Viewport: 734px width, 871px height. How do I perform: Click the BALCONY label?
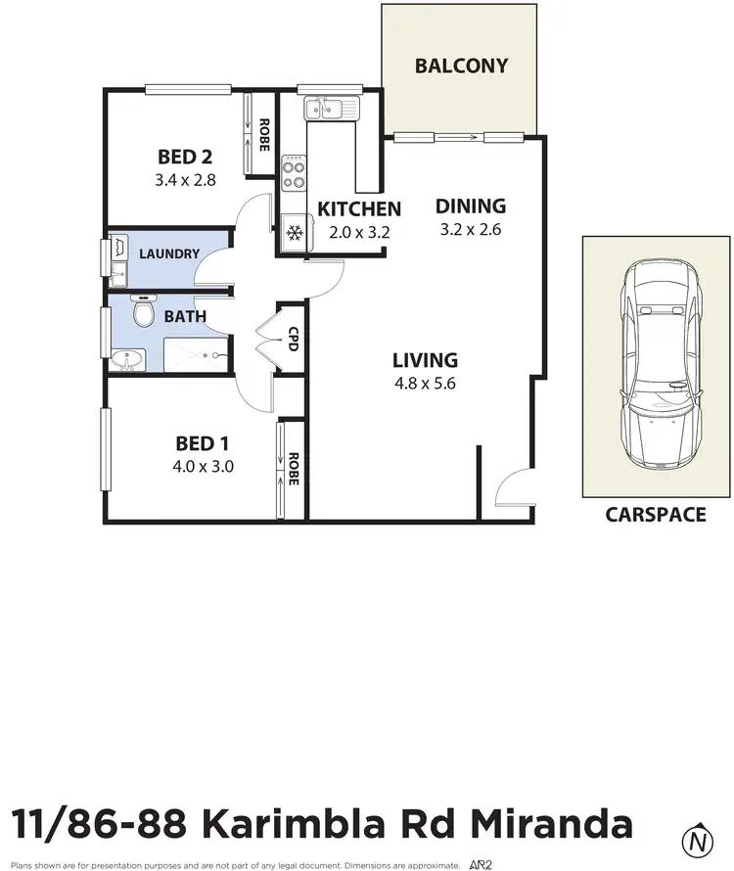click(461, 67)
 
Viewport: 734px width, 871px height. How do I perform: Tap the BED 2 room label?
click(185, 157)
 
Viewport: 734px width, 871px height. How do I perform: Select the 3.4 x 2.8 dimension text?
click(184, 180)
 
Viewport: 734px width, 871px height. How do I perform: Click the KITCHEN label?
click(359, 208)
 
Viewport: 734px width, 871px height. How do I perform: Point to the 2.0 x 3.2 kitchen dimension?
click(358, 233)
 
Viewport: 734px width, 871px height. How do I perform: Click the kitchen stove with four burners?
click(294, 173)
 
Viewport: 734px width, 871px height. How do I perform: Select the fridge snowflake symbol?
click(293, 233)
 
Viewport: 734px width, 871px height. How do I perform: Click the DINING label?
click(471, 206)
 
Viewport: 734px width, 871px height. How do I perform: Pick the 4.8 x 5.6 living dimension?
click(425, 383)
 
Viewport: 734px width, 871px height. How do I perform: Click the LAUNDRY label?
click(169, 254)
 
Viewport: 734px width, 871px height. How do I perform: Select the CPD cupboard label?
click(293, 339)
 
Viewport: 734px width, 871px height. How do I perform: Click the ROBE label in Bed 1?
click(293, 470)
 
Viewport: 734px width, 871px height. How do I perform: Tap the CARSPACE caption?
click(655, 515)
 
